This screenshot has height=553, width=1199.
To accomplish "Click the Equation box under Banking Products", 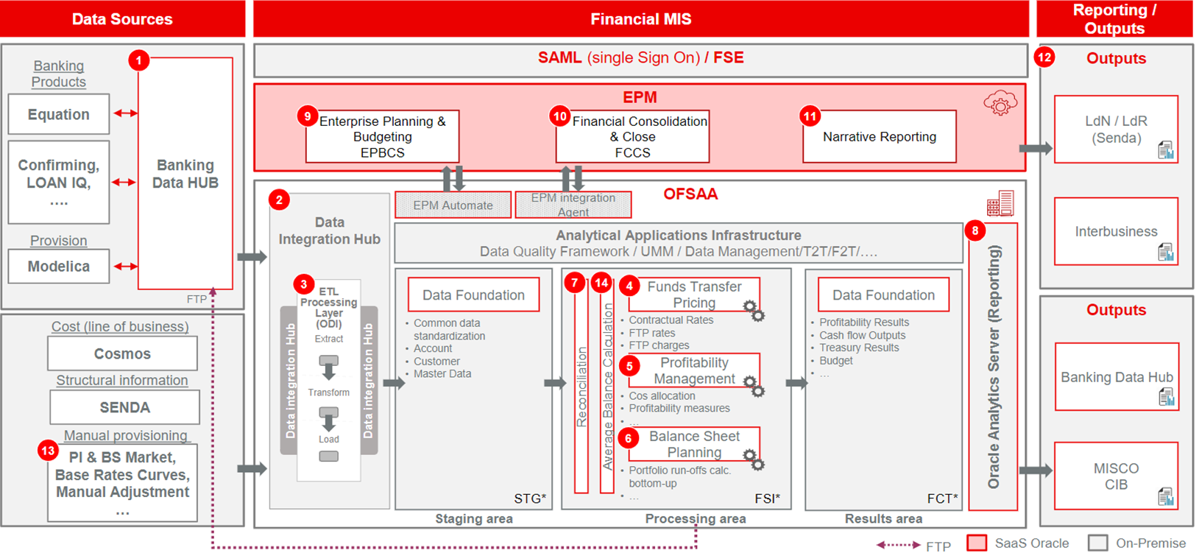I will coord(59,114).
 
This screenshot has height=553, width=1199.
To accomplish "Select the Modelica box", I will coord(59,267).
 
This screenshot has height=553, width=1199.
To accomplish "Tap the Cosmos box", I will coord(122,353).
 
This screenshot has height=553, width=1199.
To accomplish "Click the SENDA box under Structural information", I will coord(124,407).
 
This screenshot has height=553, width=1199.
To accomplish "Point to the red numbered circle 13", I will coord(49,451).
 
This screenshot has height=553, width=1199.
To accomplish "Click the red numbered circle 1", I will coord(139,60).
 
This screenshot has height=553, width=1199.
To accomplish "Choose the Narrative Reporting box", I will coord(879,137).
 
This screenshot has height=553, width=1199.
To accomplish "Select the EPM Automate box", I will coord(453,205).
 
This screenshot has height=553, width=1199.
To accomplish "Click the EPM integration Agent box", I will coord(573,205).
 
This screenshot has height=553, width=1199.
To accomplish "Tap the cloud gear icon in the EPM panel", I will coord(1000,104).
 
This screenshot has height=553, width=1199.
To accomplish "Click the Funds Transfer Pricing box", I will coord(694,295).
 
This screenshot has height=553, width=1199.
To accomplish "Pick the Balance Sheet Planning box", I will coord(694,444).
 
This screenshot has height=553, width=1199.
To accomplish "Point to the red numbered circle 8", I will coord(975,230).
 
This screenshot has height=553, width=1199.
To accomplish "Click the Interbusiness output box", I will coord(1116,231).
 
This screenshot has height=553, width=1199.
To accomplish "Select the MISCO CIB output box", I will coord(1116,476).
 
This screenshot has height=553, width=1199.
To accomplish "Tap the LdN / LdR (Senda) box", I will coord(1116,130).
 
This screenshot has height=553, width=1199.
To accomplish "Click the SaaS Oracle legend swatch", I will coord(977,543).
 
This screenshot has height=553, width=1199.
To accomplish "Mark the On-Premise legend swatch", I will coord(1097,543).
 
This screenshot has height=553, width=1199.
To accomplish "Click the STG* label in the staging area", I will coord(530,499).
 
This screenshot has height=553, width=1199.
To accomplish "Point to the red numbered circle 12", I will coord(1044,57).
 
